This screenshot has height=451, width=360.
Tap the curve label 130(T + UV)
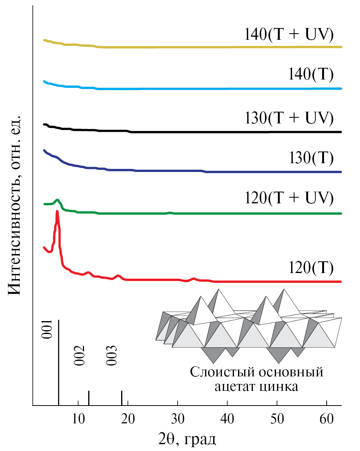point(288,118)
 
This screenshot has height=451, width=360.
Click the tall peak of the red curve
point(57,213)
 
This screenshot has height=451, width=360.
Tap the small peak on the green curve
point(58,200)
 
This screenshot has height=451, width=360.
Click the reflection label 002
point(79,356)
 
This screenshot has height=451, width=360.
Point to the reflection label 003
point(111,356)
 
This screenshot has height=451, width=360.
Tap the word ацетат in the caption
point(237,387)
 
